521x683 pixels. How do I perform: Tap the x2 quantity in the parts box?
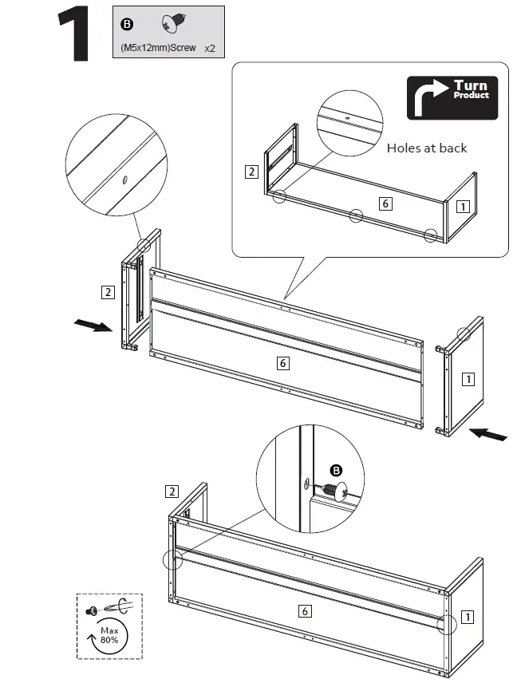pyautogui.click(x=210, y=48)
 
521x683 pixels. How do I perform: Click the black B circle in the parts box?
pyautogui.click(x=127, y=23)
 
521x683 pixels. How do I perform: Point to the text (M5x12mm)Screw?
pyautogui.click(x=158, y=48)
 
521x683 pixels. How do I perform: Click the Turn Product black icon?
pyautogui.click(x=452, y=98)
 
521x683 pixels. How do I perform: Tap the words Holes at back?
pyautogui.click(x=427, y=148)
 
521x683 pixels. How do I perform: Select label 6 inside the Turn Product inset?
pyautogui.click(x=385, y=203)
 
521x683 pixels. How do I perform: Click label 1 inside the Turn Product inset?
pyautogui.click(x=462, y=205)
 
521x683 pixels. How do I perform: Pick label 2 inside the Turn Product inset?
pyautogui.click(x=251, y=171)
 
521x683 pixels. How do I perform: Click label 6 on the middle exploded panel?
pyautogui.click(x=282, y=363)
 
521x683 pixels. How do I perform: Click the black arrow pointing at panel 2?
pyautogui.click(x=93, y=326)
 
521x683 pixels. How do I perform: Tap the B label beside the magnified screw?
pyautogui.click(x=336, y=470)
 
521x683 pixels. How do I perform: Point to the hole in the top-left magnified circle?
pyautogui.click(x=124, y=180)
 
